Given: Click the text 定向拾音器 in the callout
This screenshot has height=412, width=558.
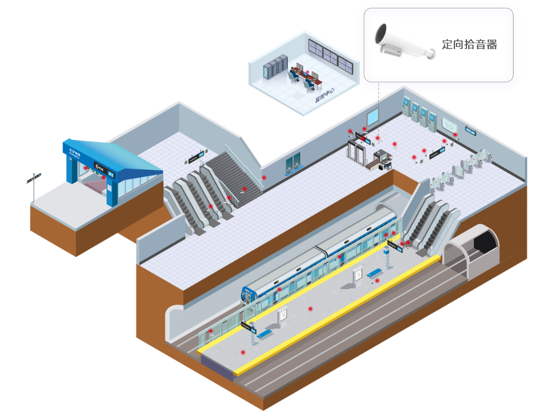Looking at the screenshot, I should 469,44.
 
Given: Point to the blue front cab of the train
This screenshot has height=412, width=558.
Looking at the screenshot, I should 249,296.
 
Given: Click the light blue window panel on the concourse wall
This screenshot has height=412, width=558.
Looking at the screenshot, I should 373,119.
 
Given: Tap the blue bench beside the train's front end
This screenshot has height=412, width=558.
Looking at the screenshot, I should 265,334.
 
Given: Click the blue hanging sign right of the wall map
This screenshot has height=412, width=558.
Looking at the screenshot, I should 470,131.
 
